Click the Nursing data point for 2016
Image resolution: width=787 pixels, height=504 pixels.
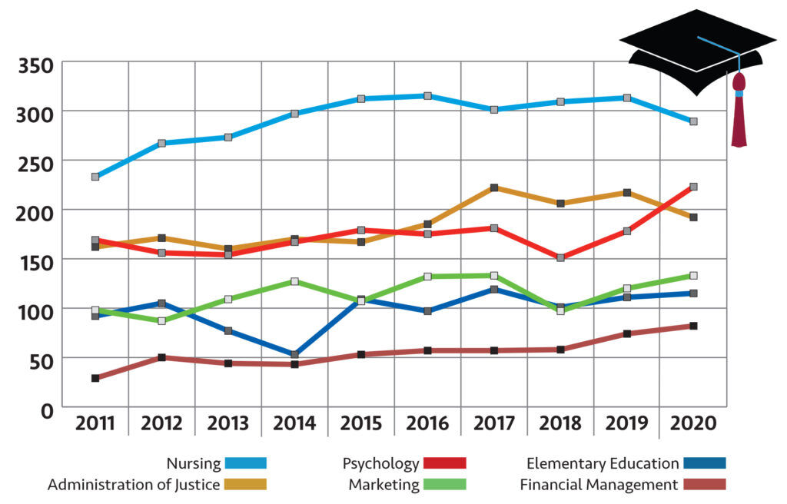[427, 96]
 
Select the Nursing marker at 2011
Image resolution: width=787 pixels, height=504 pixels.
[95, 177]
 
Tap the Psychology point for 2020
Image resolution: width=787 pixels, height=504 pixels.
[693, 187]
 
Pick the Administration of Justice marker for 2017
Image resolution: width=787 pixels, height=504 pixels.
[494, 187]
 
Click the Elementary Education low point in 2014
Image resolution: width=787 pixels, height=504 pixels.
[294, 354]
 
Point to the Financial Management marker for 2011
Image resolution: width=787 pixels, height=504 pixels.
[95, 378]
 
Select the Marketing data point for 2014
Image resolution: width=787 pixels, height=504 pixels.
[294, 281]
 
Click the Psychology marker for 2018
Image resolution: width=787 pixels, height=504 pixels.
[560, 257]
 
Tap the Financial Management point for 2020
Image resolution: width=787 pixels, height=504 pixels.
[693, 326]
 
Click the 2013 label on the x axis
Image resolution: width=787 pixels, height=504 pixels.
[228, 423]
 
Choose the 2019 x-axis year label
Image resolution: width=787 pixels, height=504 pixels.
[626, 423]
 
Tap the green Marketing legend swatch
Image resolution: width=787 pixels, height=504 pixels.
[446, 485]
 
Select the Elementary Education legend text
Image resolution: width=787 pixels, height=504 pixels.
[603, 463]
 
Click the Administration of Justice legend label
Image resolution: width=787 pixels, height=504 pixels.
[134, 485]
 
